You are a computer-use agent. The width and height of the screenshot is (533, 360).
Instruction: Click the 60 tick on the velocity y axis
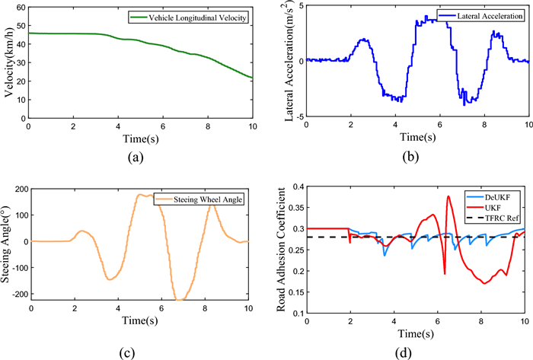tap(19, 8)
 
